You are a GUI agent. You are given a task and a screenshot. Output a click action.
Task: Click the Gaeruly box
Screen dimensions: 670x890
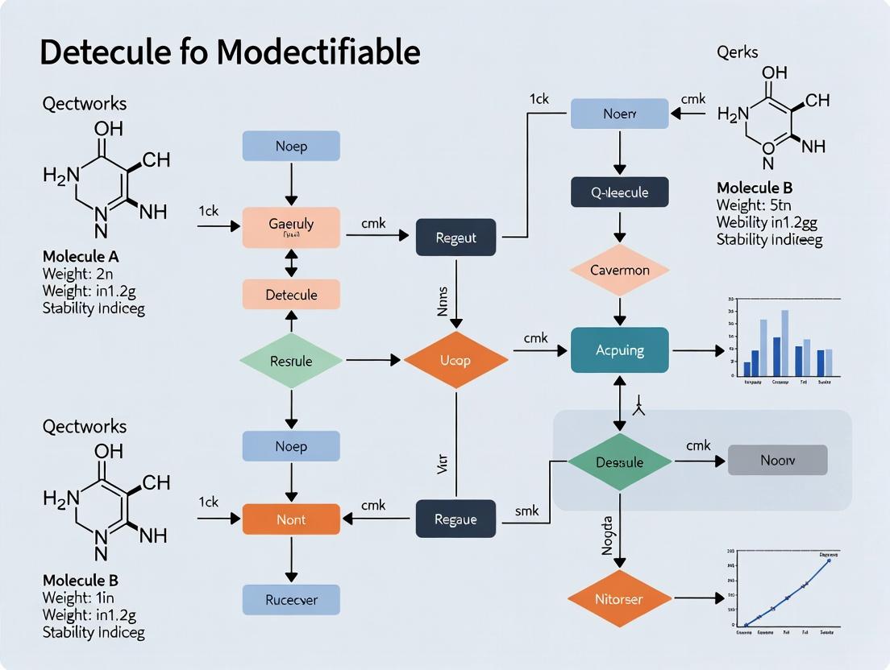(x=291, y=226)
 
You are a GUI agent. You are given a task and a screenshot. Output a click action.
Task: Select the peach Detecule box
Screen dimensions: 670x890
(x=291, y=295)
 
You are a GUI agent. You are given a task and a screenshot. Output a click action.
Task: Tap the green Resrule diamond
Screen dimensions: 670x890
(x=291, y=361)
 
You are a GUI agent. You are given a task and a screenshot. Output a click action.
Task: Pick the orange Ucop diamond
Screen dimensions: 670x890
(x=455, y=360)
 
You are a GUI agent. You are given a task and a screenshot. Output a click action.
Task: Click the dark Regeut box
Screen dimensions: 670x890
(x=455, y=238)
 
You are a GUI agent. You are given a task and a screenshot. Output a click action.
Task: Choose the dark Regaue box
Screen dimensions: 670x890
(x=455, y=519)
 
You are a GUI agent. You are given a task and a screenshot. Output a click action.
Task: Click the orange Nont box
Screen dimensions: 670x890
(x=291, y=519)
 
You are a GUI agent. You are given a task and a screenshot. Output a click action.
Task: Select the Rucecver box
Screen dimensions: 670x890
(x=291, y=599)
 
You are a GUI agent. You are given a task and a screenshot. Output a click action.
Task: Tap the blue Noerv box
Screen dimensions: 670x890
(x=619, y=114)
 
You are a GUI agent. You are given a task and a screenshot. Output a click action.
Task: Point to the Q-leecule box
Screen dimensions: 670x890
(x=619, y=192)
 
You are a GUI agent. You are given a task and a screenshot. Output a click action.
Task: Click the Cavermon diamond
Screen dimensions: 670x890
(x=619, y=270)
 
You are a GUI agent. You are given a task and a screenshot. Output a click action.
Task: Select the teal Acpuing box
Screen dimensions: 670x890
(x=619, y=350)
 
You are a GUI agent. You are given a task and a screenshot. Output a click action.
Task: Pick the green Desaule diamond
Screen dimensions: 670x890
(x=619, y=462)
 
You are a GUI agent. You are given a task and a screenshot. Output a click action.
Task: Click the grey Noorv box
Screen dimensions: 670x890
(x=777, y=460)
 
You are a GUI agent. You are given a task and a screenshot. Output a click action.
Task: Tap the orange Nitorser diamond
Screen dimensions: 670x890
(x=619, y=598)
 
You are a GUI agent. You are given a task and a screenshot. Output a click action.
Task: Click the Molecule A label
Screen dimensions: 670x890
(x=81, y=257)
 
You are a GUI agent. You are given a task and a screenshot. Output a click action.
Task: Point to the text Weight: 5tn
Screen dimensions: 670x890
(x=749, y=205)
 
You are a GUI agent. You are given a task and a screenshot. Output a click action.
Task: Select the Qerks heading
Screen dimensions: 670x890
(x=738, y=52)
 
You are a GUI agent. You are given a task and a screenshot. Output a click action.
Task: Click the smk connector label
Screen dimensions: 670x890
(x=526, y=511)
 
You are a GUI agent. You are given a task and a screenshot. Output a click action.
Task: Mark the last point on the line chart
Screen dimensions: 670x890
(x=828, y=560)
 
